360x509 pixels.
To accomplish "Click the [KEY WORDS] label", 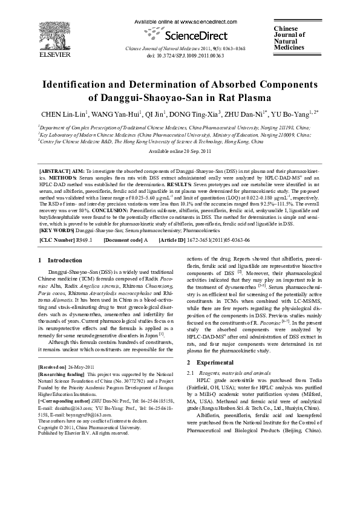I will click(57, 214).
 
